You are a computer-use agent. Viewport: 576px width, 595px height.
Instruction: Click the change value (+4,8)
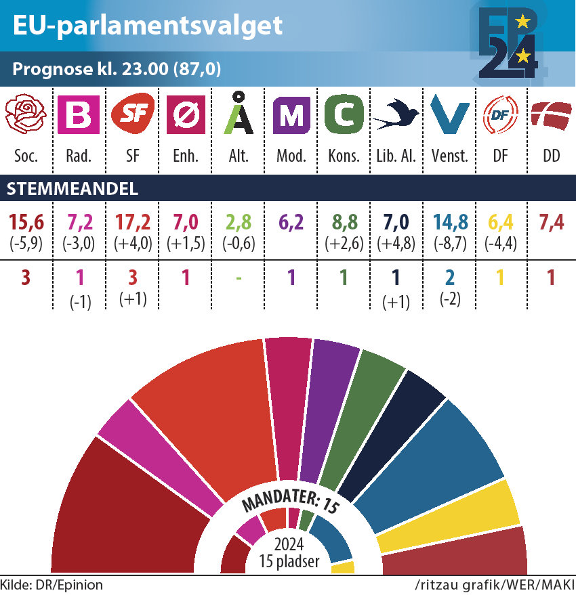tap(396, 242)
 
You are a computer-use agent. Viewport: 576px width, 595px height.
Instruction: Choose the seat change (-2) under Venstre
tap(449, 299)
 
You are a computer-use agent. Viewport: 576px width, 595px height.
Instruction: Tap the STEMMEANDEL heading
tap(72, 190)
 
